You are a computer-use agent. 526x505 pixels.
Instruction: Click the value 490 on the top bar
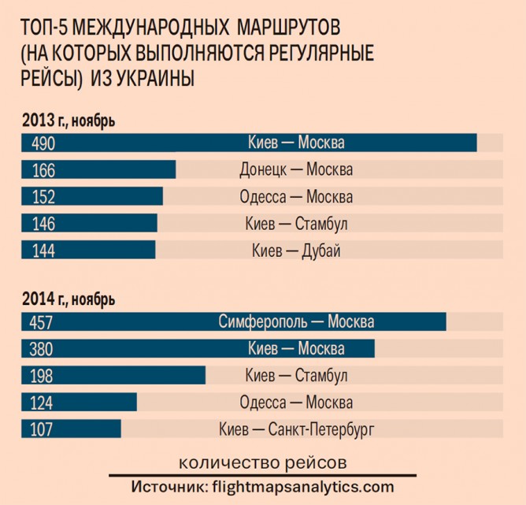click(43, 143)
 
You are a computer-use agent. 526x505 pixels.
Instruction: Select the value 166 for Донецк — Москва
click(43, 169)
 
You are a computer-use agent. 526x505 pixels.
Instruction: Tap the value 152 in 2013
click(43, 197)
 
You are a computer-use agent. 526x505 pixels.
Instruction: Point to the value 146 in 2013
click(43, 224)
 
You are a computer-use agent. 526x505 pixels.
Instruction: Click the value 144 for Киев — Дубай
click(43, 251)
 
